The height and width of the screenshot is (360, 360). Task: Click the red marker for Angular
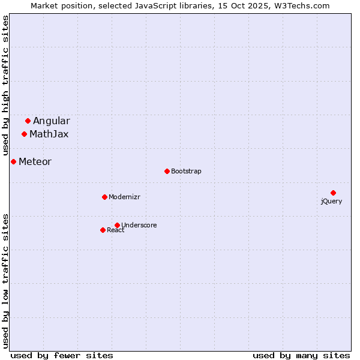[28, 121]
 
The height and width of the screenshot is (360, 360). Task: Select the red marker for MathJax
[24, 134]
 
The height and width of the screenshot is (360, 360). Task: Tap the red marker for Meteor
[13, 161]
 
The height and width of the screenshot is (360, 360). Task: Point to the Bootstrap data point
[167, 171]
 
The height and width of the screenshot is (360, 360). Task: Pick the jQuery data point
[333, 193]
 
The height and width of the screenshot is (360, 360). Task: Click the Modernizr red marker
[104, 197]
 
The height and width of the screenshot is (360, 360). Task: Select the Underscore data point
[117, 225]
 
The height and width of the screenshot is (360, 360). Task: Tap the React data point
[103, 230]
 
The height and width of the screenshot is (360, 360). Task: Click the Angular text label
[51, 121]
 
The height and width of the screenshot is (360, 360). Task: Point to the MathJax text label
[49, 134]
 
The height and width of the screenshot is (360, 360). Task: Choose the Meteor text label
[35, 162]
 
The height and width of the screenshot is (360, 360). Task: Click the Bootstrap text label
[186, 172]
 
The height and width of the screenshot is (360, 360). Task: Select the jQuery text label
[331, 202]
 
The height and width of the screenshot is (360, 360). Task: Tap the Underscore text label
[139, 226]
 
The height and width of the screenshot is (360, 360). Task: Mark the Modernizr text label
[125, 197]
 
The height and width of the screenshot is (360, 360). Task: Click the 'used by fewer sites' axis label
[62, 356]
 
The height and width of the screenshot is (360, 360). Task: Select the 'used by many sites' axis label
[301, 356]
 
